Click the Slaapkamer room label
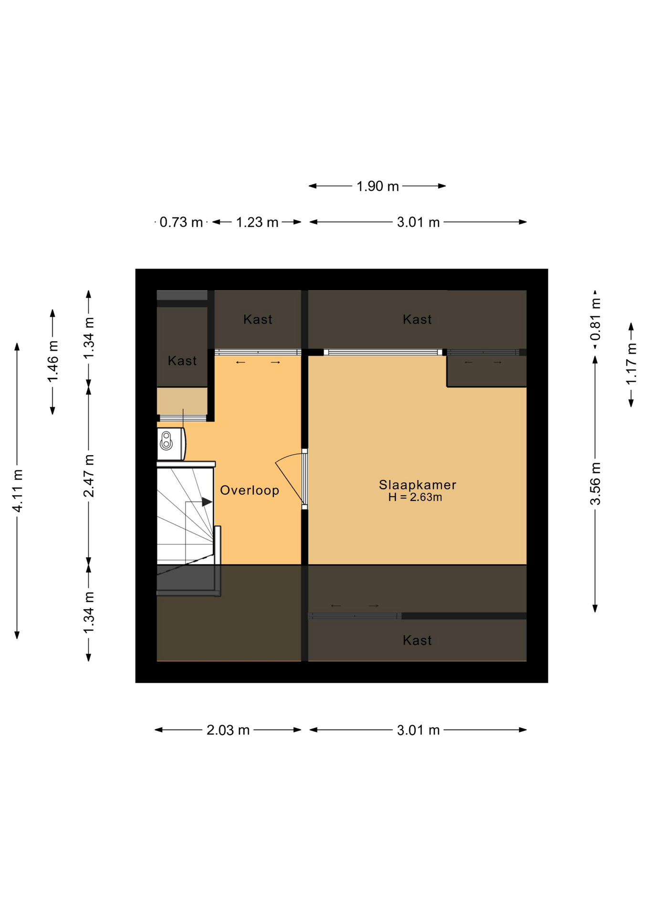click(418, 485)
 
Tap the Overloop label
click(250, 490)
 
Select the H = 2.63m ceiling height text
click(415, 497)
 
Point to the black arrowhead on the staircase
click(207, 502)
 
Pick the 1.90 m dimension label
click(377, 186)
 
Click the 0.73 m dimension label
click(181, 222)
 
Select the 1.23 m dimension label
click(257, 222)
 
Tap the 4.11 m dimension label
click(17, 491)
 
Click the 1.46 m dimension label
click(52, 361)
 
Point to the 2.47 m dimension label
click(89, 476)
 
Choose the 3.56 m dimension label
click(595, 483)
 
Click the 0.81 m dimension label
click(595, 319)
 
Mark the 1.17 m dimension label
click(631, 364)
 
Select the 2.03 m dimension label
click(228, 730)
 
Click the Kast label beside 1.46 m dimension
click(182, 361)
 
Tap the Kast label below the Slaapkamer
click(417, 640)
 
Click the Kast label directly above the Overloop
click(258, 319)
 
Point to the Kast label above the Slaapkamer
click(417, 319)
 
